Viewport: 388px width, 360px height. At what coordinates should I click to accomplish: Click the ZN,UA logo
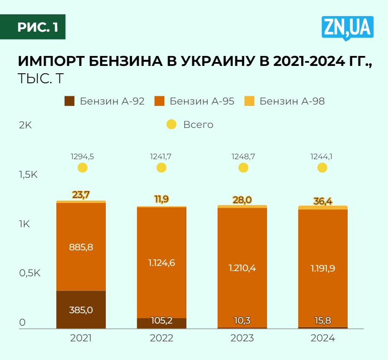(x=347, y=28)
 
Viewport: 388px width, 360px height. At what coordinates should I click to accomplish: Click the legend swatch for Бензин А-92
(x=70, y=101)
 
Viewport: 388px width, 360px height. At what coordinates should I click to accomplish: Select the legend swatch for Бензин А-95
(x=160, y=101)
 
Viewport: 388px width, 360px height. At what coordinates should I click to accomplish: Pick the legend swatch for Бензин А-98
(x=250, y=101)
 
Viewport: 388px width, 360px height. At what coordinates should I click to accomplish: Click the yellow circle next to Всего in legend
(x=172, y=124)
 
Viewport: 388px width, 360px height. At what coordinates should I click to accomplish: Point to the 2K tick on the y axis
(x=26, y=125)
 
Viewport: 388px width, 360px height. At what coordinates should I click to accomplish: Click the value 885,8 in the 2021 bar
(x=81, y=247)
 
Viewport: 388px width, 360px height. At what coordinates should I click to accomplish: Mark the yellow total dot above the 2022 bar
(x=161, y=167)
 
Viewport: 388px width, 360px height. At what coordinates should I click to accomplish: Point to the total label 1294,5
(x=82, y=157)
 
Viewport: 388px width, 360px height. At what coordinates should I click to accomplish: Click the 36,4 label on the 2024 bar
(x=323, y=201)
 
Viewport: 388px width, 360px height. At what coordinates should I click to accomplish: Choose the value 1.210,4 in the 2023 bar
(x=242, y=268)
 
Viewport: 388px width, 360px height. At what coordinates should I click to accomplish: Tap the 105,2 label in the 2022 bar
(x=162, y=321)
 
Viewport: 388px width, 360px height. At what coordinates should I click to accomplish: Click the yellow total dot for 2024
(x=322, y=167)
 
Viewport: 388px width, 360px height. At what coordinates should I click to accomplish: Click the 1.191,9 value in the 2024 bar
(x=323, y=268)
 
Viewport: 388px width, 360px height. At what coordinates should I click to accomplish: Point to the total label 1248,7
(x=243, y=157)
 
